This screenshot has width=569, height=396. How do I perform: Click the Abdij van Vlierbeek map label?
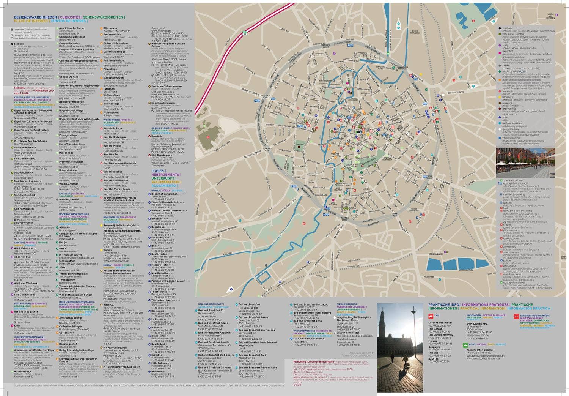pos(551,16)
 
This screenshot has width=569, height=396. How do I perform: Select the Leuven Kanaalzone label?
pos(415,32)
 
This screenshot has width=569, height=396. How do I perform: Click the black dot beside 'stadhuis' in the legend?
pos(500,28)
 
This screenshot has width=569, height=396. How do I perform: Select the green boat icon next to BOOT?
pos(464,344)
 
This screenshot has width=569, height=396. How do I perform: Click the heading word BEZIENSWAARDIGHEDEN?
pos(36,17)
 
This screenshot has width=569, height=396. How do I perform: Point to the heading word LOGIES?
pos(157,171)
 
